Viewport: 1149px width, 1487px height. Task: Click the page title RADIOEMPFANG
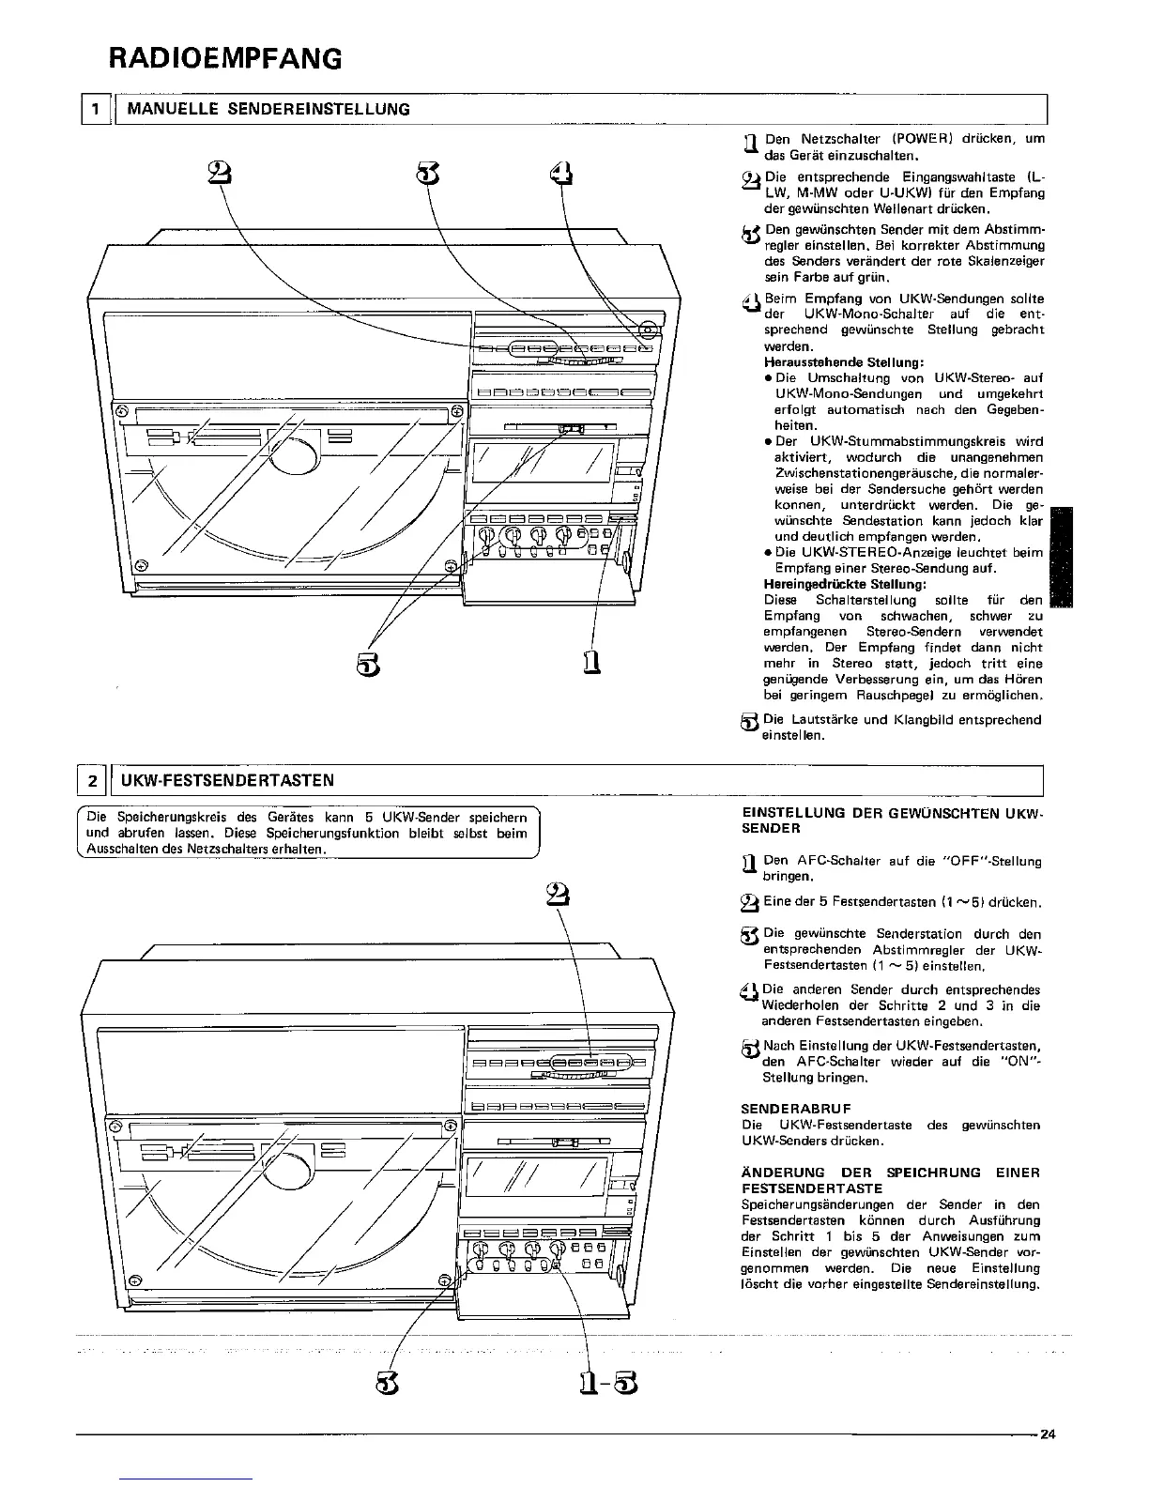coord(223,59)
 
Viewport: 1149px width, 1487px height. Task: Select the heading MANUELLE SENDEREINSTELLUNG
coord(268,109)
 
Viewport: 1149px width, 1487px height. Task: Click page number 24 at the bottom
coord(1048,1433)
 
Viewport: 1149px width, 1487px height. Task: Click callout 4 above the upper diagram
coord(560,174)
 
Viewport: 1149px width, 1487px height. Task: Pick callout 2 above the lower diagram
coord(553,894)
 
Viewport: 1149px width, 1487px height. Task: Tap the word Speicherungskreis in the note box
coord(164,817)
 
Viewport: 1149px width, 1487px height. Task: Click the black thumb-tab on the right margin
coord(1059,559)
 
